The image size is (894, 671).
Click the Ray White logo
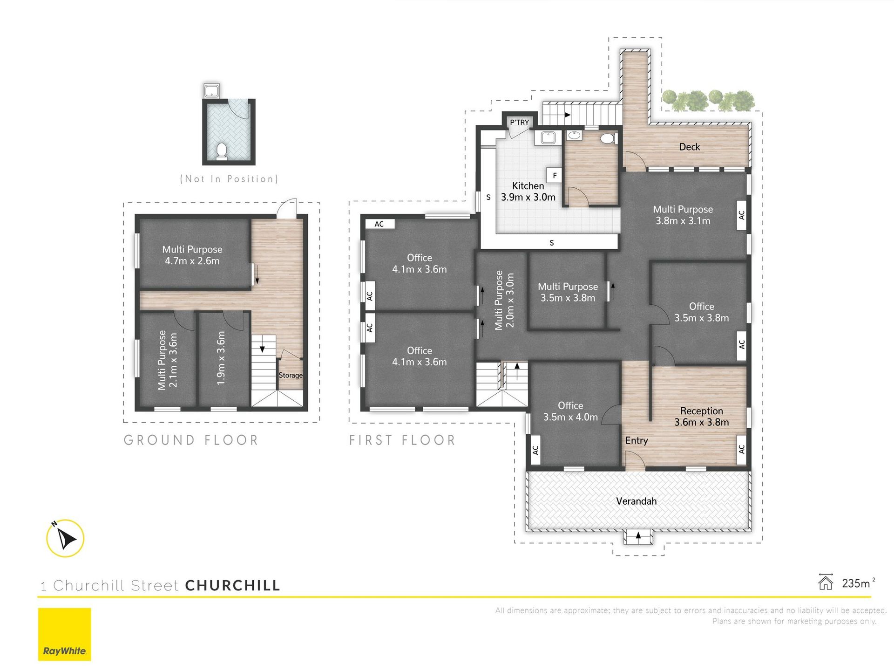64,634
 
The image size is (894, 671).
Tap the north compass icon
65,538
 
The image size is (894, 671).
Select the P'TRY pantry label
519,123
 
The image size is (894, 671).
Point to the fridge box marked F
554,175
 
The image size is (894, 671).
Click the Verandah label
636,501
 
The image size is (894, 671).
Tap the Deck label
689,147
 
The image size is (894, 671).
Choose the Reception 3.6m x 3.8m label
702,417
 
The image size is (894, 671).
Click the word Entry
637,441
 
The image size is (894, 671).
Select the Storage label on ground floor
290,375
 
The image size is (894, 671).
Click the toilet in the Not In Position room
222,151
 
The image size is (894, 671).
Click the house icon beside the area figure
826,582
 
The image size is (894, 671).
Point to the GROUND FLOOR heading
191,440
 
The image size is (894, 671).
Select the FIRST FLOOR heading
402,440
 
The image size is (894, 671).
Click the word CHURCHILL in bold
233,585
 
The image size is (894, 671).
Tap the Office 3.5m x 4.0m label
570,411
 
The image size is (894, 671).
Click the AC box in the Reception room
741,449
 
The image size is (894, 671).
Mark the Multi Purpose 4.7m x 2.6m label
192,255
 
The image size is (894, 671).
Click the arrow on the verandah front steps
638,536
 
